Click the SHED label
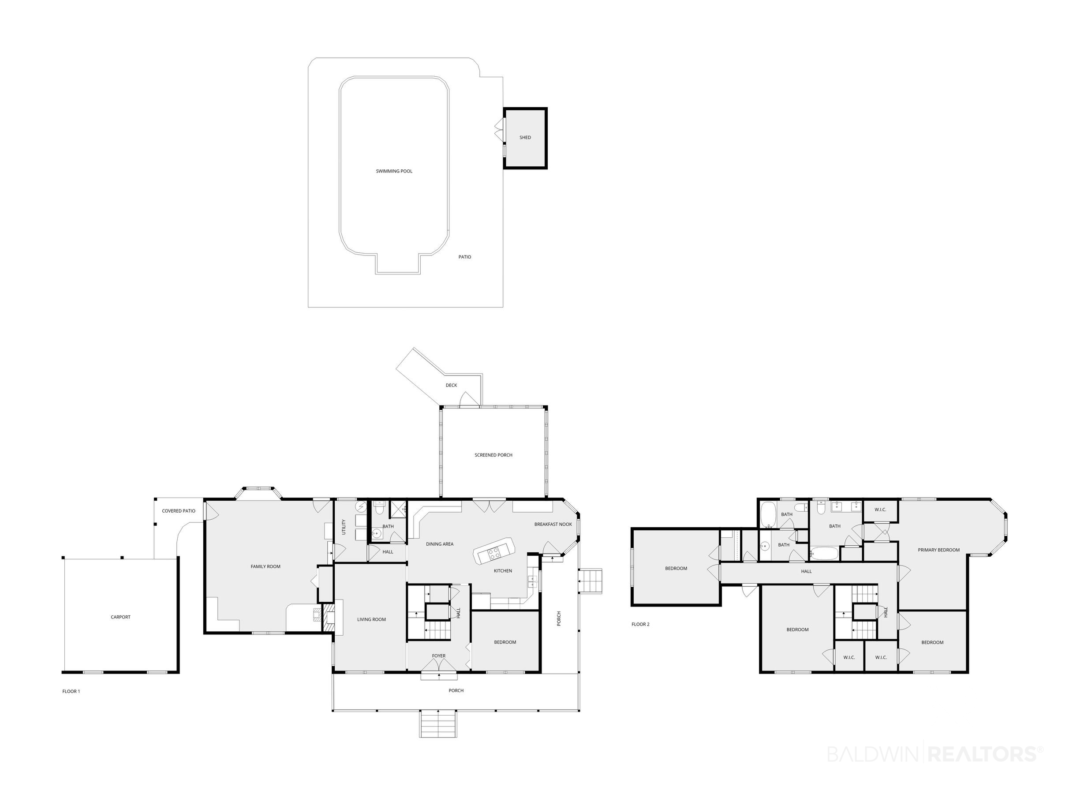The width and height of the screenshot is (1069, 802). click(x=525, y=138)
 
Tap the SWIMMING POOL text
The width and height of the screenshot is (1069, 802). click(x=394, y=171)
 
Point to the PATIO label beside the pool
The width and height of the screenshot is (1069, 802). click(x=464, y=257)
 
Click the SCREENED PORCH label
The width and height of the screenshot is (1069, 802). click(x=493, y=455)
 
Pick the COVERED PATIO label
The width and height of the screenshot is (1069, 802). click(x=178, y=511)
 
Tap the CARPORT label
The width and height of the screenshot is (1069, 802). click(x=120, y=617)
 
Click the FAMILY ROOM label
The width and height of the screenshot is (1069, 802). click(x=265, y=566)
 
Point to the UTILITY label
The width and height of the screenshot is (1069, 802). click(x=344, y=527)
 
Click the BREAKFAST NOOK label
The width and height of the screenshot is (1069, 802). click(x=553, y=525)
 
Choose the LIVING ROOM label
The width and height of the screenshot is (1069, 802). click(x=371, y=620)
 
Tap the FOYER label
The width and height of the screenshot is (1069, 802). click(x=438, y=656)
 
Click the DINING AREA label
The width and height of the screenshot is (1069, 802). click(x=439, y=544)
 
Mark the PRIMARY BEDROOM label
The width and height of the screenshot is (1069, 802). click(x=938, y=550)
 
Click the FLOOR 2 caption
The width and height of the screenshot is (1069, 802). click(x=640, y=625)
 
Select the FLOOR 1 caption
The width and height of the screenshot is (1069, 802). click(x=71, y=691)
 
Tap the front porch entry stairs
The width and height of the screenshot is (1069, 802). click(x=437, y=724)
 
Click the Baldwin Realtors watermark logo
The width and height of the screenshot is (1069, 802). click(x=935, y=753)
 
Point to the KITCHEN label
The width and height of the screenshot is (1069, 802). click(x=503, y=571)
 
